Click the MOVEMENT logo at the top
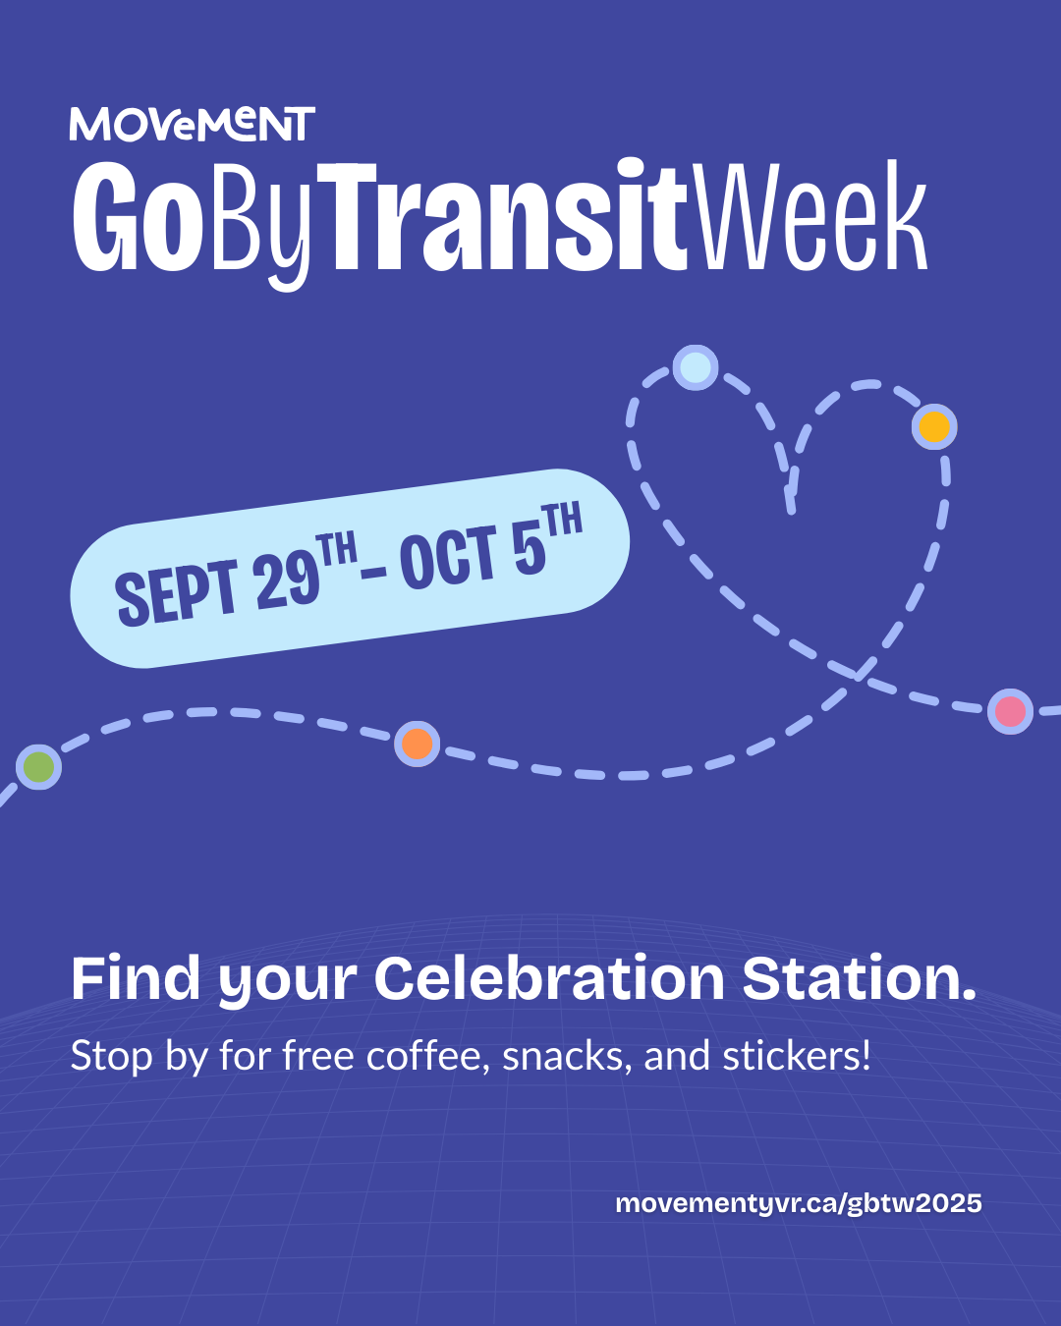pyautogui.click(x=192, y=124)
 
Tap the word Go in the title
pyautogui.click(x=138, y=216)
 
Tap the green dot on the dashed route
pyautogui.click(x=38, y=766)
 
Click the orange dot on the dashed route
pyautogui.click(x=417, y=744)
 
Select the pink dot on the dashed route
pyautogui.click(x=1010, y=711)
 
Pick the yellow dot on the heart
pyautogui.click(x=934, y=426)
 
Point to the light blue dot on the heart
pyautogui.click(x=695, y=367)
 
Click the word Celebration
pyautogui.click(x=549, y=979)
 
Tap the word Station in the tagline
pyautogui.click(x=860, y=979)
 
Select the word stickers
pyautogui.click(x=797, y=1056)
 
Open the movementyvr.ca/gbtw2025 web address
pyautogui.click(x=799, y=1203)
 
